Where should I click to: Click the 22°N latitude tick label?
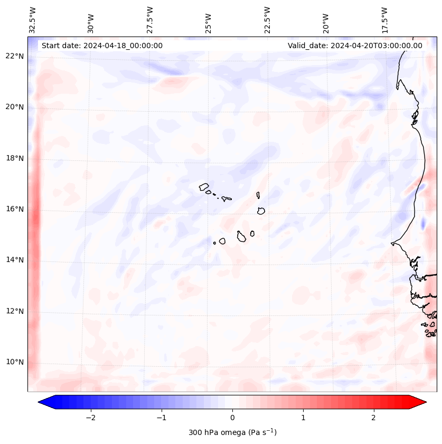(x=15, y=56)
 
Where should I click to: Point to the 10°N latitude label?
(x=15, y=363)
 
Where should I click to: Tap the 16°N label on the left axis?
(x=15, y=209)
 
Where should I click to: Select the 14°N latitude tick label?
(x=15, y=260)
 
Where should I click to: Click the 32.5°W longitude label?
(x=33, y=20)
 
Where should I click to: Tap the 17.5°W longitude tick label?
(x=385, y=20)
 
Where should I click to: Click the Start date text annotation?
(x=102, y=46)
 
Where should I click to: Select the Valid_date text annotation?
(x=355, y=46)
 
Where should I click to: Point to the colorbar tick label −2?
(x=90, y=418)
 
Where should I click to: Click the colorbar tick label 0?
(x=232, y=418)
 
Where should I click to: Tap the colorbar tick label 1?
(x=303, y=418)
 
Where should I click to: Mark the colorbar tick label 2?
(x=374, y=418)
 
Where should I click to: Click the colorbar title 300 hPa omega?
(x=232, y=432)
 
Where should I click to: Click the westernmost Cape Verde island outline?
(x=204, y=186)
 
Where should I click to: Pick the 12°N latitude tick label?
(x=15, y=311)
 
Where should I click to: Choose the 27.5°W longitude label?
(x=151, y=20)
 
